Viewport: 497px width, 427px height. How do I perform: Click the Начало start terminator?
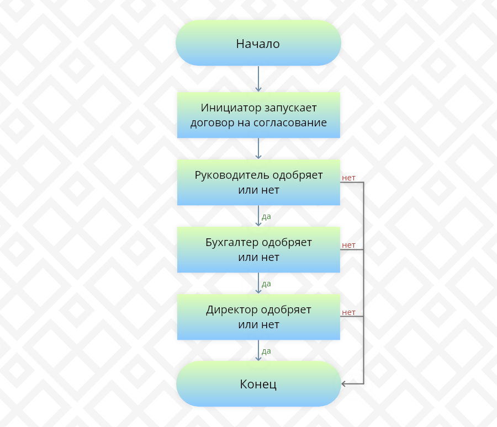tap(258, 44)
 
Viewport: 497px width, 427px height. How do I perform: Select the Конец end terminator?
tap(258, 384)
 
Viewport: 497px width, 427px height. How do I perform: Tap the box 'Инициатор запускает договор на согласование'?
tap(258, 115)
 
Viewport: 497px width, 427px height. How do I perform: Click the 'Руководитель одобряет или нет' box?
tap(258, 182)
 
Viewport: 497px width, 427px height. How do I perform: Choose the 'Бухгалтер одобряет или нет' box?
tap(258, 249)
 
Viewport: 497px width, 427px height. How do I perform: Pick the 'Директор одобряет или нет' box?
tap(258, 317)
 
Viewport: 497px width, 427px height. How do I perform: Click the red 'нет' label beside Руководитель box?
tap(348, 178)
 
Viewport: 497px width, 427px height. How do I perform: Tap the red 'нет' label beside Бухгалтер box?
tap(348, 245)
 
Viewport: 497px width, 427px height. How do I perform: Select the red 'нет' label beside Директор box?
tap(348, 312)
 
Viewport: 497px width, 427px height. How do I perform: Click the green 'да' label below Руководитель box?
tap(266, 216)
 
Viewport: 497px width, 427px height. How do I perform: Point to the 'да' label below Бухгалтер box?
tap(266, 284)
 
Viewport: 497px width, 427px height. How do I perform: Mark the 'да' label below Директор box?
tap(266, 351)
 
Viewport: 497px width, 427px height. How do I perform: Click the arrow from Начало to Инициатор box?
tap(258, 79)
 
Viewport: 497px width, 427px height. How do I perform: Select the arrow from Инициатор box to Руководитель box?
tap(258, 148)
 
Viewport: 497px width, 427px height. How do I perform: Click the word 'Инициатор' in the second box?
tap(226, 108)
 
